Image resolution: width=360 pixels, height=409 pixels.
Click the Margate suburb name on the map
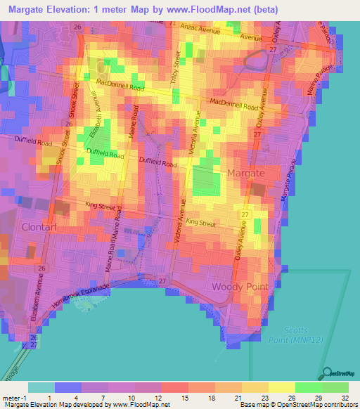click(245, 173)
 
